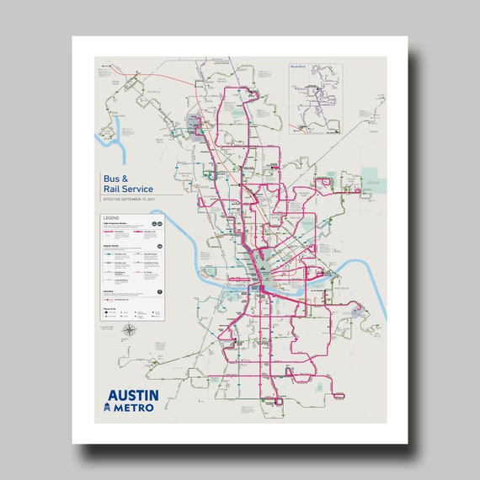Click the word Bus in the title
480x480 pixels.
[111, 179]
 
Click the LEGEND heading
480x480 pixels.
[112, 218]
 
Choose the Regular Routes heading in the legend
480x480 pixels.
[114, 247]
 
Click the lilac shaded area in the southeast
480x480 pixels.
[357, 311]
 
